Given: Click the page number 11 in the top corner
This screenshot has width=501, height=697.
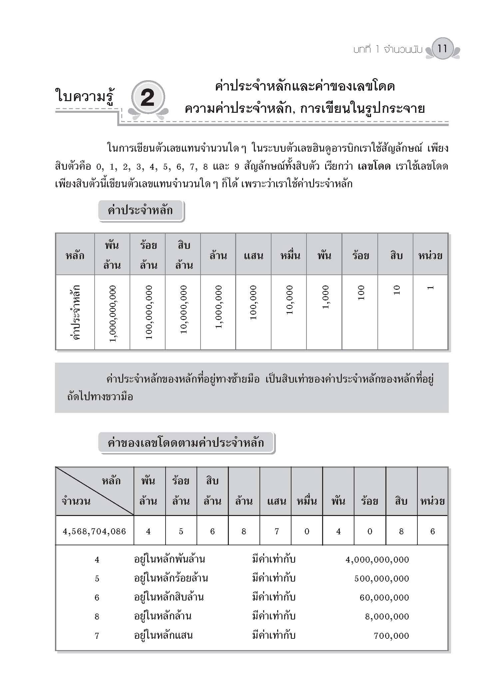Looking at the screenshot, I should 442,49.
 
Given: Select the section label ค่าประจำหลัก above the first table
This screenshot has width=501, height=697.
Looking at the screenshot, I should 141,211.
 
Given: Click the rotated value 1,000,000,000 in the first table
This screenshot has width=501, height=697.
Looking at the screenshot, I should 113,313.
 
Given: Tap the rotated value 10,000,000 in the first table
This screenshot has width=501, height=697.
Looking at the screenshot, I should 183,309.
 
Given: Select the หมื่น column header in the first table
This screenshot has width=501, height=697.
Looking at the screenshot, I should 289,256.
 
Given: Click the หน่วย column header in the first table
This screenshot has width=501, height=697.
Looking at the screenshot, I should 430,256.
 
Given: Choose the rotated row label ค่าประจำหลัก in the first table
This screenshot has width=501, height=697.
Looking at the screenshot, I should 75,312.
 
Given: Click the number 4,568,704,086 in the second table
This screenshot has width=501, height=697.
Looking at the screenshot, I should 95,531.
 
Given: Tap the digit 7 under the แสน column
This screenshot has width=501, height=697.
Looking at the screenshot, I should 276,531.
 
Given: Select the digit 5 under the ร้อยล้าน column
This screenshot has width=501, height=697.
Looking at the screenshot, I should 181,531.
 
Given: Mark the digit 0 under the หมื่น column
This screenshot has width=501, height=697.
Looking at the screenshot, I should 307,531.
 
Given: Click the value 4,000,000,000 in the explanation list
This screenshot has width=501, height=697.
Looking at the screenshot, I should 377,560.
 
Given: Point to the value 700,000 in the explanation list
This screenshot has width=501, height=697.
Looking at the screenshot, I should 391,636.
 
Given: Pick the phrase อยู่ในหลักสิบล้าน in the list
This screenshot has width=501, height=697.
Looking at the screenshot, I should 169,597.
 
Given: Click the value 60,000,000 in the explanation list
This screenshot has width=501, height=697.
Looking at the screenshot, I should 384,598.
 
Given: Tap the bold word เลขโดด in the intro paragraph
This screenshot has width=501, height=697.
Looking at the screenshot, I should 374,166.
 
